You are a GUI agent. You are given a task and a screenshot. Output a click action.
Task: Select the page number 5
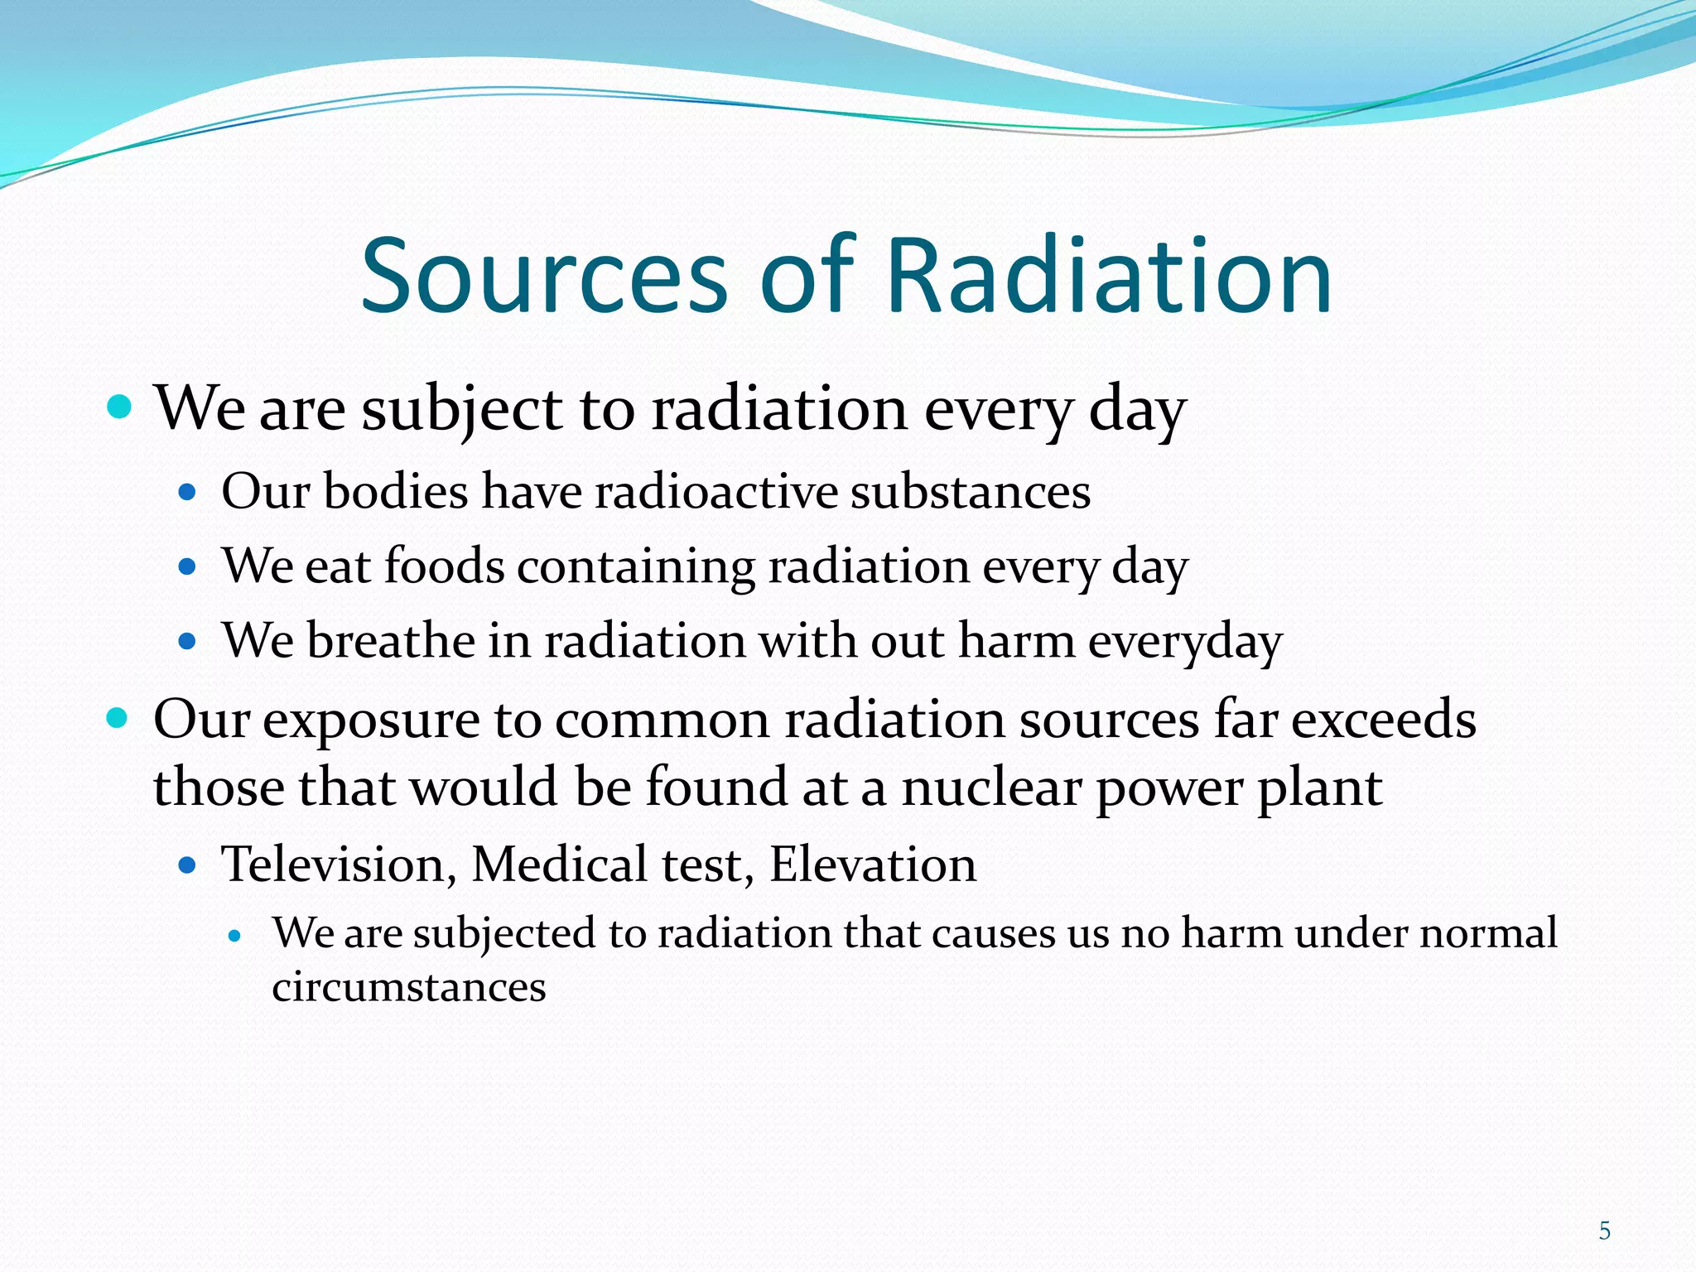click(x=1604, y=1231)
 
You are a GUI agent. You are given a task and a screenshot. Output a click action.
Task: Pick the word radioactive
click(x=717, y=491)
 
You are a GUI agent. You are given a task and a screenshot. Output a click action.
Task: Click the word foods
click(x=444, y=566)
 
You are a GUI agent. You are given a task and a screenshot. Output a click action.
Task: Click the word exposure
click(x=371, y=720)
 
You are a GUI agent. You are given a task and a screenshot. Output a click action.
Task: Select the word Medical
click(x=560, y=865)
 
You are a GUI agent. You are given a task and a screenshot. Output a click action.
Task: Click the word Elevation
click(x=873, y=865)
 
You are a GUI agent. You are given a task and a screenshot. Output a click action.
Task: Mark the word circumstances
click(x=409, y=987)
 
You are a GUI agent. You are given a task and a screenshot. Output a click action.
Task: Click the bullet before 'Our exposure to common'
click(x=118, y=717)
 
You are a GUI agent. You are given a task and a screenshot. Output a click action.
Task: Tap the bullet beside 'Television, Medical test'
click(x=188, y=866)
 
